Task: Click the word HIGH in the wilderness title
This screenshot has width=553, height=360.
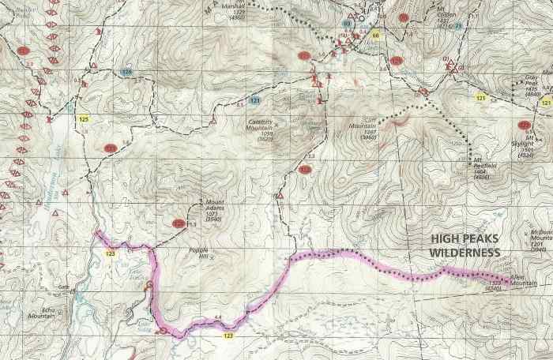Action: click(x=447, y=238)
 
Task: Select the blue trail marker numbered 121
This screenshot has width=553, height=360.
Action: click(x=254, y=101)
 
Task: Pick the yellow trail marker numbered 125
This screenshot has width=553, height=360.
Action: click(x=84, y=119)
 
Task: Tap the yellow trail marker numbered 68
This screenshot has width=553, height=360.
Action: click(x=376, y=36)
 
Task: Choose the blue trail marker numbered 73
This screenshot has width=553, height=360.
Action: click(x=457, y=26)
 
